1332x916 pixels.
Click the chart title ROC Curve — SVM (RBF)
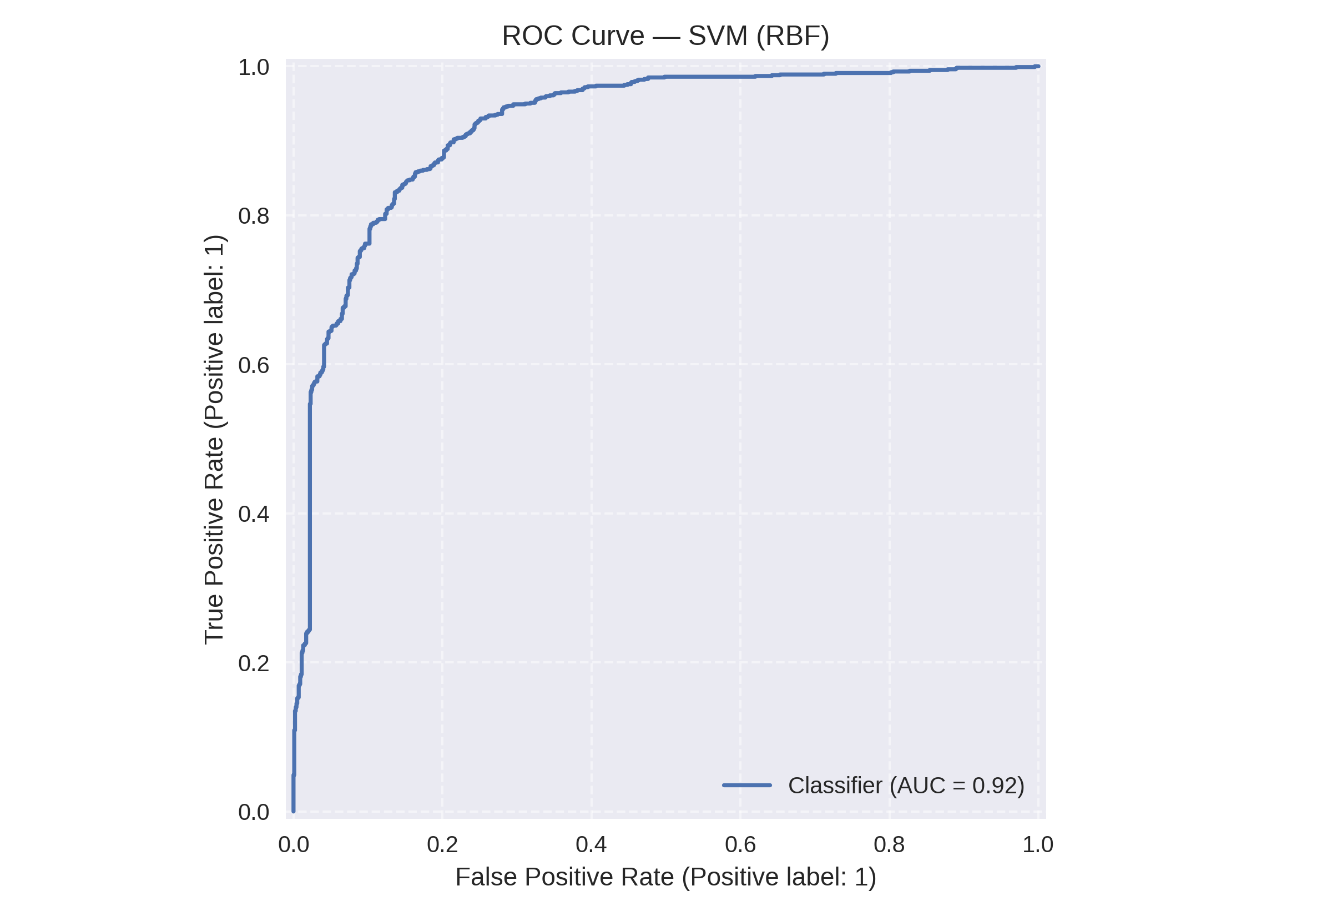(665, 36)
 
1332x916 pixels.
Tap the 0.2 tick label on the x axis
(442, 845)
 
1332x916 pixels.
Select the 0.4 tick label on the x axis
(591, 845)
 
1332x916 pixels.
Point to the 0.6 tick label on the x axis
(740, 845)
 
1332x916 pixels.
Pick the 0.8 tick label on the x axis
(889, 845)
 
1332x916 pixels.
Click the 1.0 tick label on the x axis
(1038, 845)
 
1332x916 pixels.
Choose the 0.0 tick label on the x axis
(294, 845)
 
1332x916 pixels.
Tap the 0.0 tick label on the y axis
(254, 812)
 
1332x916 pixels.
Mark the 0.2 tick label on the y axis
(254, 663)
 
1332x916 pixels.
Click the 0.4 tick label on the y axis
(254, 514)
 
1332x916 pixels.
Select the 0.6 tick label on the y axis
(254, 365)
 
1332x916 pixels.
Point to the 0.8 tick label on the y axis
(254, 216)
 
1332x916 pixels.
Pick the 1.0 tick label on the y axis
(254, 67)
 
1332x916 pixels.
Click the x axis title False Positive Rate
(665, 878)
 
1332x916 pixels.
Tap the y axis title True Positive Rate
(215, 439)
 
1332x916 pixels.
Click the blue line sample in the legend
(747, 785)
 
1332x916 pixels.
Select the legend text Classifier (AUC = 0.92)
(906, 786)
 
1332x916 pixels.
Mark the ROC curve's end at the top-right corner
(1038, 67)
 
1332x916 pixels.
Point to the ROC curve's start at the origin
(294, 811)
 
